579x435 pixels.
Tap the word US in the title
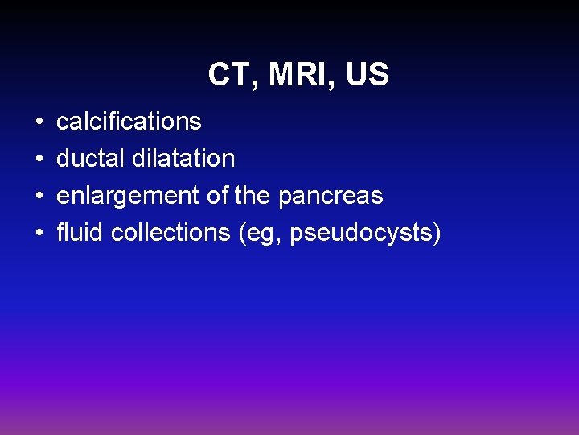click(x=368, y=75)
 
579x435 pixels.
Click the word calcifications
click(x=129, y=121)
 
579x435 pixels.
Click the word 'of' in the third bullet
click(x=218, y=196)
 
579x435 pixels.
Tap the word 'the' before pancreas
click(x=253, y=196)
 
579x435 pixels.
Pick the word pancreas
click(x=331, y=196)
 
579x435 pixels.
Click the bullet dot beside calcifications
click(x=39, y=122)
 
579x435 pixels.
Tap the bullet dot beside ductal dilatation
click(x=39, y=159)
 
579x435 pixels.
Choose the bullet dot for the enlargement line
click(x=39, y=197)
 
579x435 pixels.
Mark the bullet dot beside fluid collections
click(x=39, y=234)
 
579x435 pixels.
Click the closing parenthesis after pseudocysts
click(x=437, y=234)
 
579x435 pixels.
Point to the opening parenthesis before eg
click(x=242, y=234)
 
